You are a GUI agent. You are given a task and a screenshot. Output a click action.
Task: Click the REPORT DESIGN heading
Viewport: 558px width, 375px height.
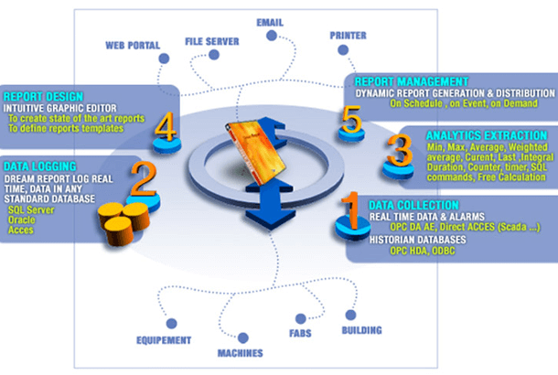pyautogui.click(x=44, y=94)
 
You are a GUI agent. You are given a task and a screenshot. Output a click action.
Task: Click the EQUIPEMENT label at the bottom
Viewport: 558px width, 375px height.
pyautogui.click(x=165, y=342)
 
